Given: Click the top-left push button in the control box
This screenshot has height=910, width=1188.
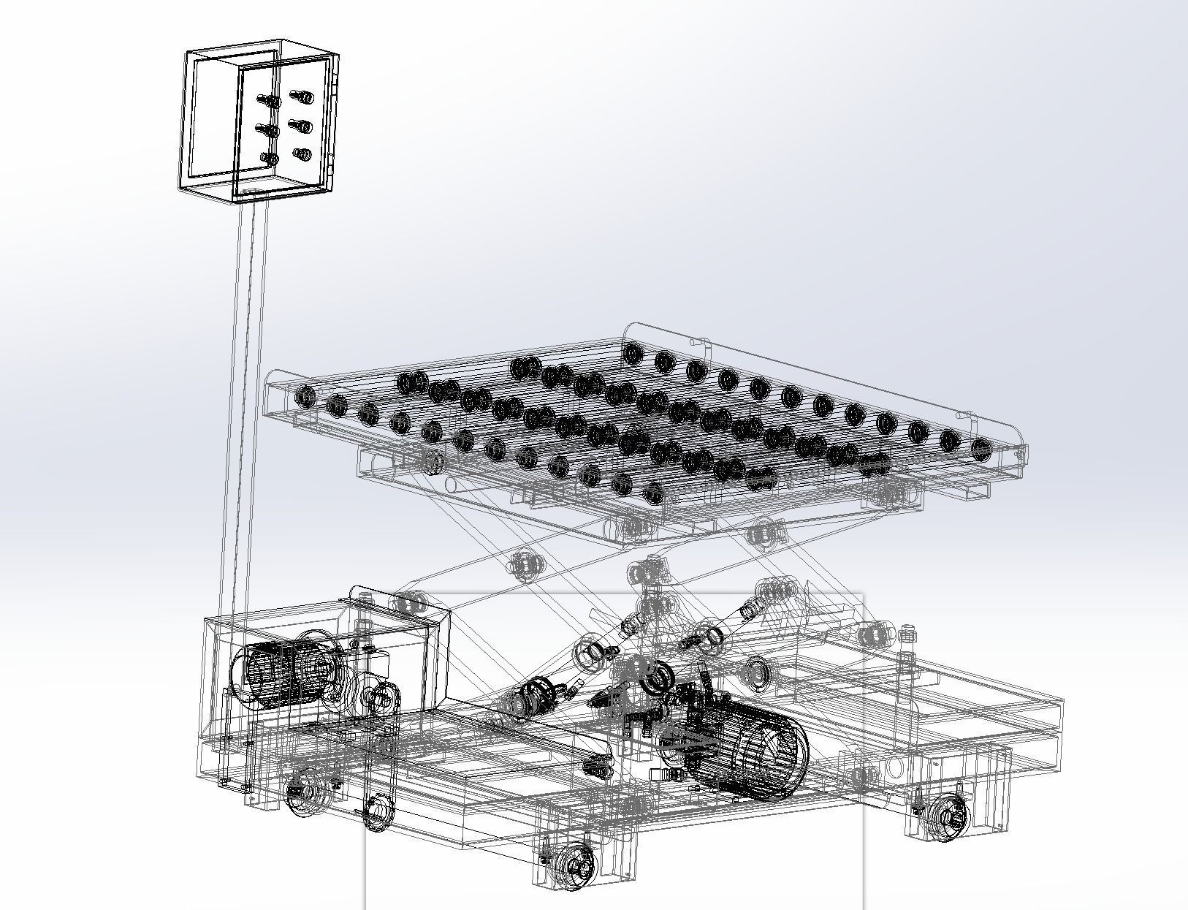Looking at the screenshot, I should coord(268,101).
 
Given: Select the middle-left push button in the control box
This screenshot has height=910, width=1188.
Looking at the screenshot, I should coord(267,130).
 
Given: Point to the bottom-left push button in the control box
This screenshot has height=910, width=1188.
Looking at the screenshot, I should coord(269,158).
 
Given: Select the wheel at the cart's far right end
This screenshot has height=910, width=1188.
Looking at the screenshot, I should coord(950,816).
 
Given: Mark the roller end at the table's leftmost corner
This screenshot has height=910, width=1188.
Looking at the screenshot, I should coord(305,397).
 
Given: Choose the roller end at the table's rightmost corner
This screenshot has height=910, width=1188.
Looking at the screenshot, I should coord(981,446).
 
